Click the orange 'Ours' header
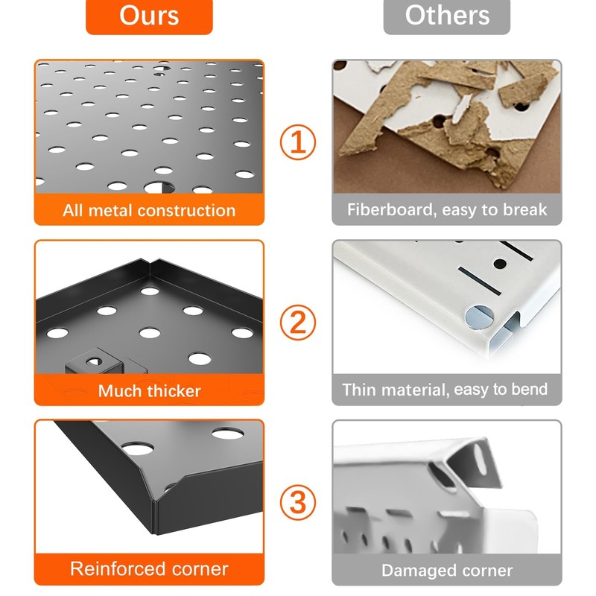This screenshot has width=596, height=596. coord(149,16)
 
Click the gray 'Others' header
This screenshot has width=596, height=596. coord(446,16)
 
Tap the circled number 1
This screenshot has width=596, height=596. coord(297,142)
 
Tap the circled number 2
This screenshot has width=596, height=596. coord(297,323)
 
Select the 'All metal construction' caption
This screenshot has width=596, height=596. coord(149,210)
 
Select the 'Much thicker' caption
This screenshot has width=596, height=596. coord(149,390)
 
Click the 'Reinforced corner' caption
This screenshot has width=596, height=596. coord(149,569)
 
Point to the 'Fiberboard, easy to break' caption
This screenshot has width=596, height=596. coord(446,210)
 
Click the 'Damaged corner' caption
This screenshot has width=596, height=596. coord(447,571)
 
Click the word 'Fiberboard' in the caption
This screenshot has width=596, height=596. coord(390,210)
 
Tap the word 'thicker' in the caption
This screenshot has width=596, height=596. coord(173,390)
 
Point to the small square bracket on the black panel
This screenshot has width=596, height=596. coord(92,364)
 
